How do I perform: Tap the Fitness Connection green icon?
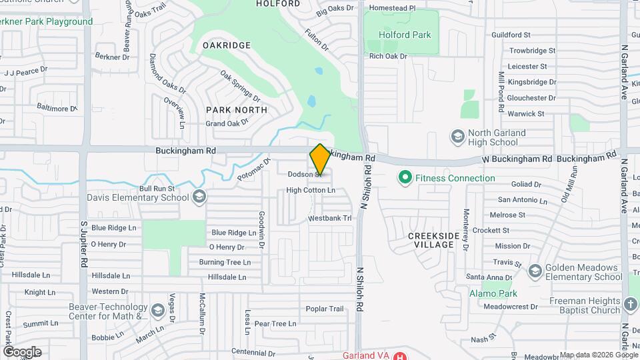click(404, 178)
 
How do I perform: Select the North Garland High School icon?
click(457, 137)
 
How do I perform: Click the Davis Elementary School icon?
click(199, 197)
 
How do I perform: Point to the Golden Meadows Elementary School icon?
click(534, 271)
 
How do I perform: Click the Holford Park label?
click(405, 35)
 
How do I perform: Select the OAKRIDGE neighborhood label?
click(227, 45)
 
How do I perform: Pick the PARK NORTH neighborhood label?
click(236, 110)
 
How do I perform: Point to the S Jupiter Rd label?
click(85, 244)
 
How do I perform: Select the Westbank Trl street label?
click(329, 219)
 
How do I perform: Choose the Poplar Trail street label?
click(325, 309)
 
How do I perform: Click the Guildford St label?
click(510, 34)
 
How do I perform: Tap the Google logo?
click(22, 351)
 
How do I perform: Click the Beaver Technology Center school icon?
click(157, 311)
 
